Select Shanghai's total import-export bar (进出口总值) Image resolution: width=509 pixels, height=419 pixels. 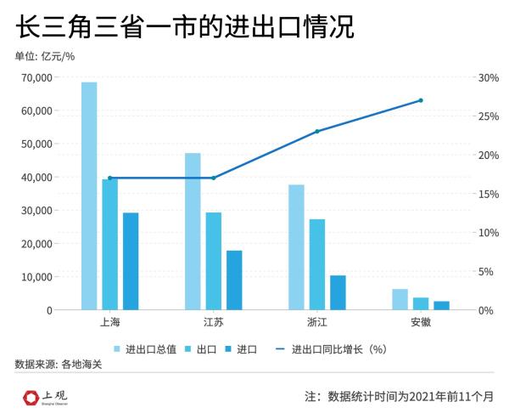click(x=89, y=195)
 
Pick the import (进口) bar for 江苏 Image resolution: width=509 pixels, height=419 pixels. click(x=234, y=280)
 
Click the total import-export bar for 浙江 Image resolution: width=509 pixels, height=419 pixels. click(x=296, y=247)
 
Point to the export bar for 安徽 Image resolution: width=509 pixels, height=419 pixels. click(x=421, y=303)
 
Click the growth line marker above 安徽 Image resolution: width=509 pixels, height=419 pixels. click(x=421, y=100)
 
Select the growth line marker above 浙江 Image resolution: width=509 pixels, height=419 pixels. click(x=316, y=131)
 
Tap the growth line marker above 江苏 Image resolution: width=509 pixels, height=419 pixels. click(x=213, y=178)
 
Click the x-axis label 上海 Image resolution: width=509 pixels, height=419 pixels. click(x=109, y=324)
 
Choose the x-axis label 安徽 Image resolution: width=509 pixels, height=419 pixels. click(x=421, y=324)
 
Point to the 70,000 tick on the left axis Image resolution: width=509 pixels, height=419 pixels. click(x=36, y=77)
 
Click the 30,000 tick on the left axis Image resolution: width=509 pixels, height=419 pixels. click(x=36, y=210)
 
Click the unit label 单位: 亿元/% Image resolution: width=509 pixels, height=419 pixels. click(x=45, y=57)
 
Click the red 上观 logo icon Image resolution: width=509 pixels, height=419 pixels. click(x=31, y=397)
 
